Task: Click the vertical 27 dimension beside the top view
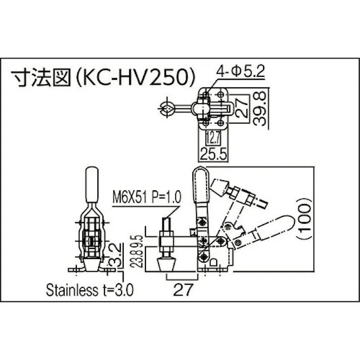point(241,108)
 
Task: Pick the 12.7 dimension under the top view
point(212,137)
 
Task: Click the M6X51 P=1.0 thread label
point(146,195)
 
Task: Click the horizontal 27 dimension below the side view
point(180,290)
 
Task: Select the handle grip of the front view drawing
point(91,184)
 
